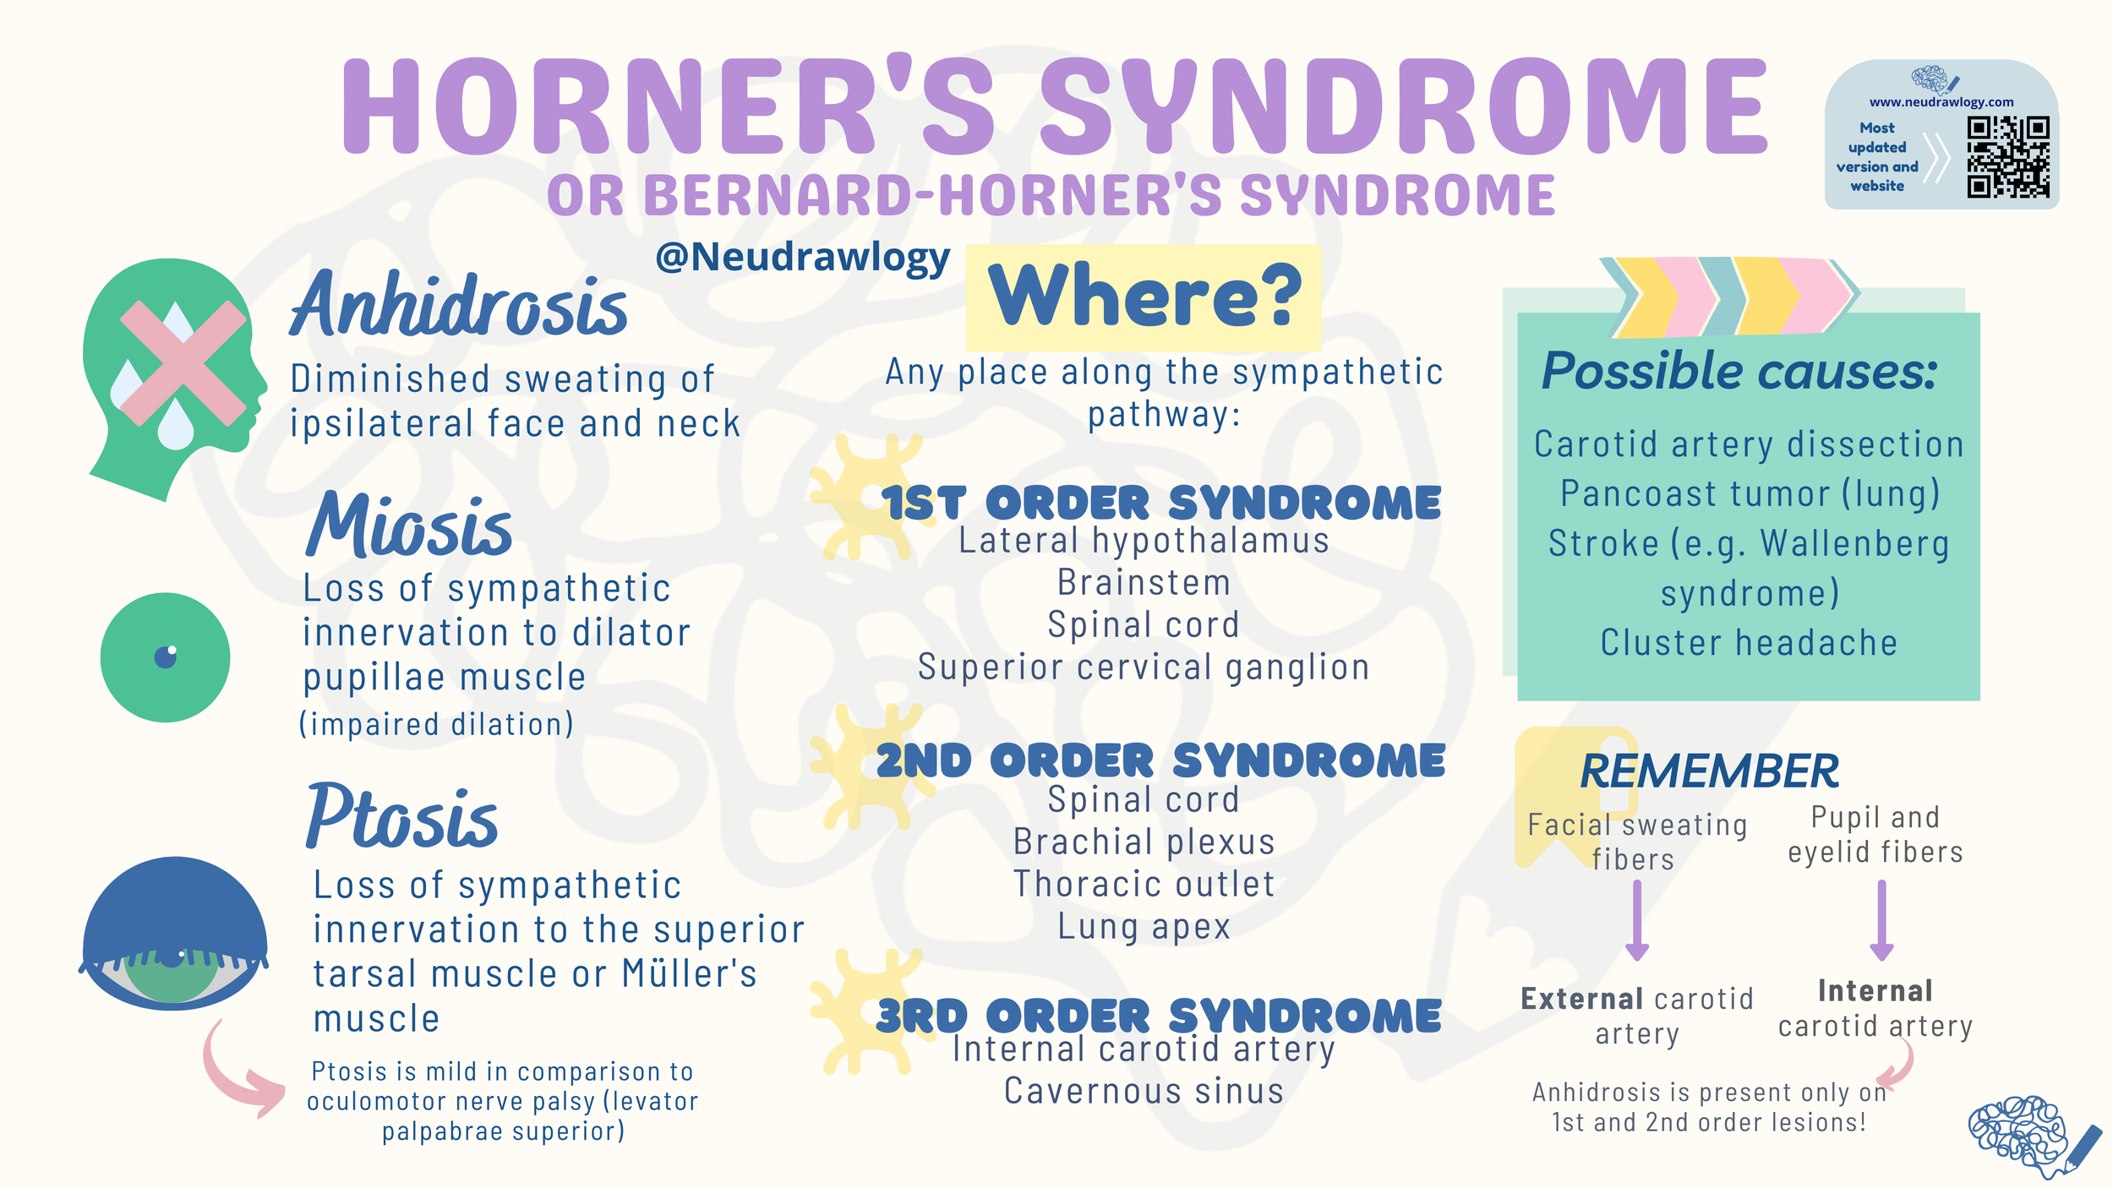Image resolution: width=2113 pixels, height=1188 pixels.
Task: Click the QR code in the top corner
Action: pyautogui.click(x=2007, y=157)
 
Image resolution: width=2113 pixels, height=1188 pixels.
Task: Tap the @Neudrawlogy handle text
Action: pyautogui.click(x=802, y=257)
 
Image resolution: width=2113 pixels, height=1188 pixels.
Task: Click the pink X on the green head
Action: pyautogui.click(x=183, y=363)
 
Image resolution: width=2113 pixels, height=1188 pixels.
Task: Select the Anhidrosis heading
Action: pyautogui.click(x=459, y=306)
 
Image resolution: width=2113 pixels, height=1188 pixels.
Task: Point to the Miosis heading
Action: pyautogui.click(x=409, y=526)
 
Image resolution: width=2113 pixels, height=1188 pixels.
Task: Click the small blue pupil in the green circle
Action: pyautogui.click(x=166, y=657)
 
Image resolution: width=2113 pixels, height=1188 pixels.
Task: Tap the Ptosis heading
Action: pyautogui.click(x=402, y=817)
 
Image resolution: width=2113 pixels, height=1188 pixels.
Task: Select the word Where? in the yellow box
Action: pyautogui.click(x=1144, y=296)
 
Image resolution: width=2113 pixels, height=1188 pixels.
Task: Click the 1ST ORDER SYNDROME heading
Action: pyautogui.click(x=1161, y=504)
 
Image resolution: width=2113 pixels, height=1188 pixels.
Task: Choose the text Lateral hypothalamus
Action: pyautogui.click(x=1144, y=541)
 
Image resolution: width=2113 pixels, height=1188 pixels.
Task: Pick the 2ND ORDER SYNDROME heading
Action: pyautogui.click(x=1160, y=760)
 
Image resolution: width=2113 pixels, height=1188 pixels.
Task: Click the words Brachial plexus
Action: pyautogui.click(x=1144, y=842)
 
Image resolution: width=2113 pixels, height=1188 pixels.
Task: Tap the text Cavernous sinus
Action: pyautogui.click(x=1144, y=1091)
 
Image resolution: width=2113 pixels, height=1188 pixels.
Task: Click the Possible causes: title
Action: pyautogui.click(x=1739, y=371)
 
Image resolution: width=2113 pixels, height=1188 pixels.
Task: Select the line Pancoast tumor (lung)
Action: pyautogui.click(x=1750, y=493)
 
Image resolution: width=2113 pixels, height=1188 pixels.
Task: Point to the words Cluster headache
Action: pyautogui.click(x=1749, y=643)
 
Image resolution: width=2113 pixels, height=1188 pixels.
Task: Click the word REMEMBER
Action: pyautogui.click(x=1709, y=771)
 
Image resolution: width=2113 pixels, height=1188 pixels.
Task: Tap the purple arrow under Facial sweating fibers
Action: pyautogui.click(x=1637, y=921)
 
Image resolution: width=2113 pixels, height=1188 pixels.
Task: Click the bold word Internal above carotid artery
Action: pyautogui.click(x=1875, y=990)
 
